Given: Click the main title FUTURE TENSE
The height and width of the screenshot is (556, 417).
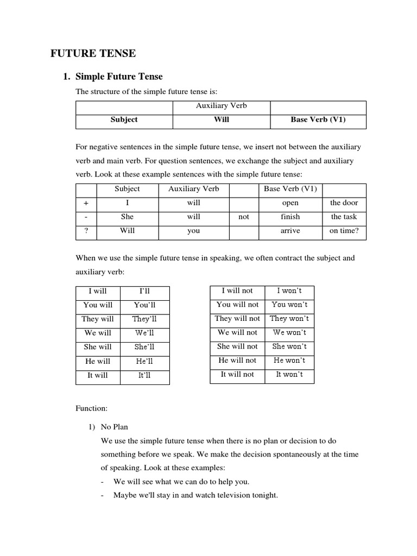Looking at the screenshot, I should tap(93, 53).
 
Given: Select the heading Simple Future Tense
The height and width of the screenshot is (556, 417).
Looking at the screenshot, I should tap(119, 77).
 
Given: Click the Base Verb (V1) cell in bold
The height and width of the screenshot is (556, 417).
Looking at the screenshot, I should tap(318, 119).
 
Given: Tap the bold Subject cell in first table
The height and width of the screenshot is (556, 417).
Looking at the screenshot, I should tap(124, 119).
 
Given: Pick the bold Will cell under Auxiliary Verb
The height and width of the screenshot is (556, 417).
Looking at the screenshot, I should tap(222, 119).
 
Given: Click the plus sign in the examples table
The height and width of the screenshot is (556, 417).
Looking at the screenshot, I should tap(86, 203).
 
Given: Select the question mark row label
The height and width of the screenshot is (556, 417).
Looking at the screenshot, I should tap(86, 231).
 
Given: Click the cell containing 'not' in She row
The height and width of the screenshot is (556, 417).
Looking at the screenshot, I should tap(244, 217).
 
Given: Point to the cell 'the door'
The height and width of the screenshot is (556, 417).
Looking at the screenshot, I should tap(344, 203).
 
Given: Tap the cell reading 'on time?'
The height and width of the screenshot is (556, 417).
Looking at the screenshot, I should tap(344, 231).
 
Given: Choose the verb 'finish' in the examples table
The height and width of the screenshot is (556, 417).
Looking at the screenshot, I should tap(290, 217).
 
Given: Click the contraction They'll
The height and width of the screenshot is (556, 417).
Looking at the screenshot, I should tap(144, 319).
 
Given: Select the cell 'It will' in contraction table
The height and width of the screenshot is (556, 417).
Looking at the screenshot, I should tap(98, 375).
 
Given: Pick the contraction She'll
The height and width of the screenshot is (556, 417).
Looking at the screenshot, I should tap(144, 347).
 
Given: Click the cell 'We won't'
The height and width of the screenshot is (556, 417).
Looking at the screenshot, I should tap(289, 332).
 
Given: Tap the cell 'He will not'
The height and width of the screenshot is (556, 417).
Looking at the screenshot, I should tap(237, 361).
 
